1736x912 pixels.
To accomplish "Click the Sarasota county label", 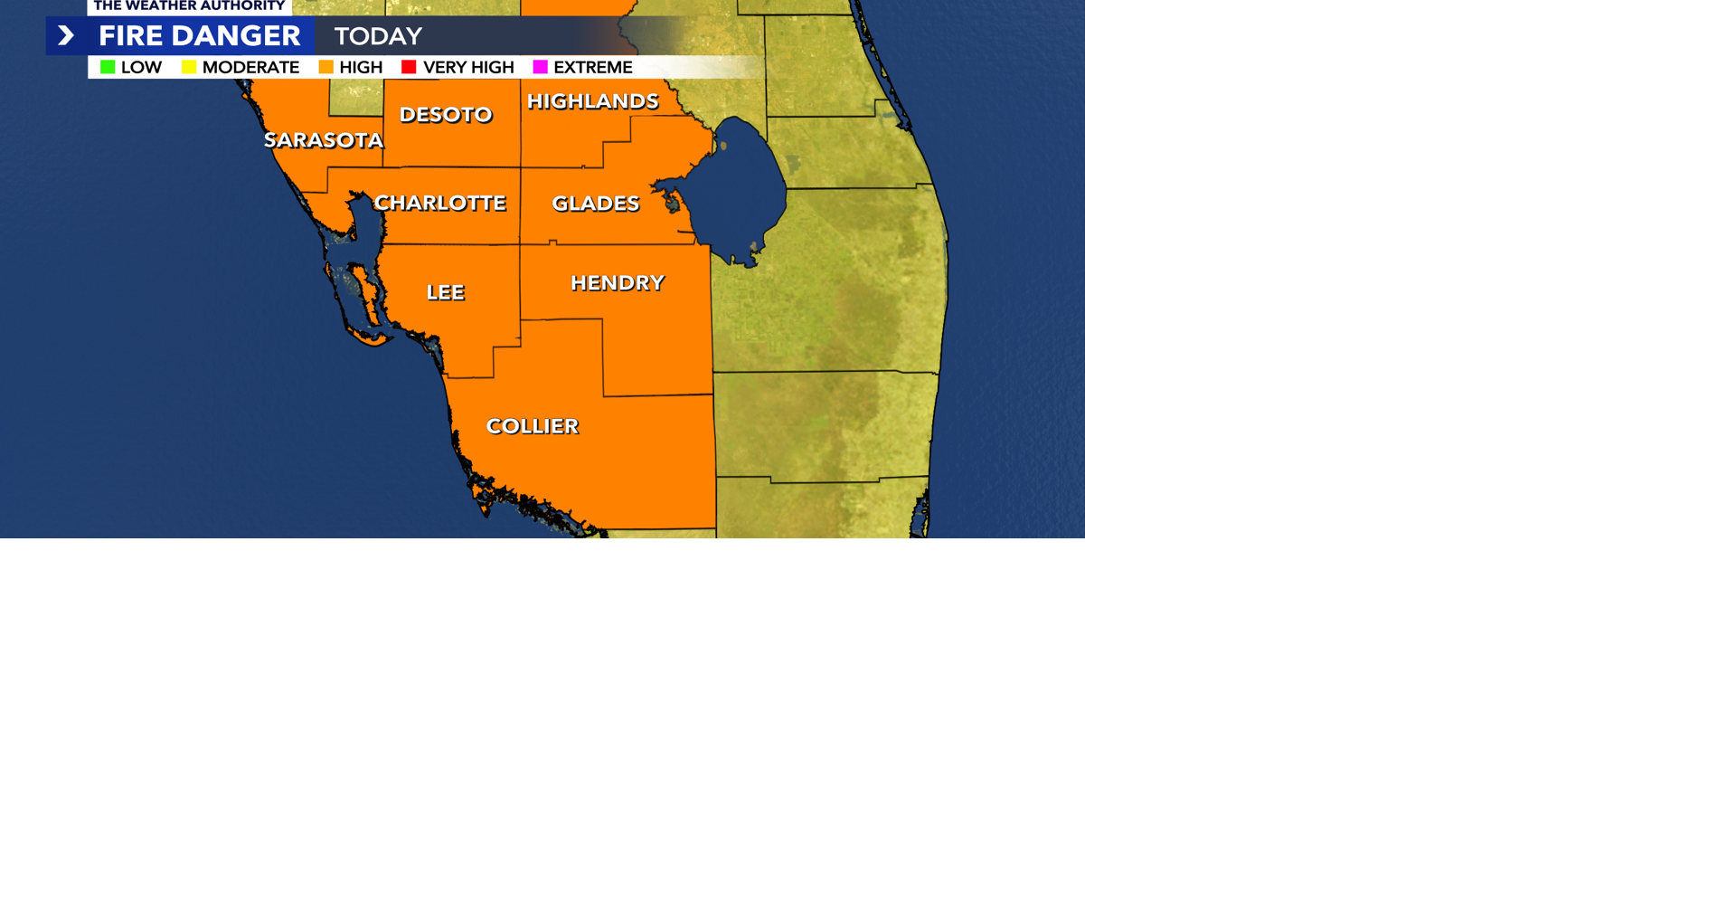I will (x=323, y=140).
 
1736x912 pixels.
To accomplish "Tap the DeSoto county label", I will (x=446, y=115).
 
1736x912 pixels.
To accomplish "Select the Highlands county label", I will (x=592, y=101).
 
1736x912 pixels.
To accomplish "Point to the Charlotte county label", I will (x=439, y=203).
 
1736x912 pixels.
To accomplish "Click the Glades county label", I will (x=595, y=204).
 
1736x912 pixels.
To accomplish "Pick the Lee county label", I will (x=445, y=292).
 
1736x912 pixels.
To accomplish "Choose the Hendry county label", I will (x=617, y=283).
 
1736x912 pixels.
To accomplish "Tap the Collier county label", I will (x=532, y=426).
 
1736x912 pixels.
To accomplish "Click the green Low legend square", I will (x=108, y=67).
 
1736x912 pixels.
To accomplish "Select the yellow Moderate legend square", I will (x=189, y=67).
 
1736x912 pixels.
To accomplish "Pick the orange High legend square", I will (x=325, y=67).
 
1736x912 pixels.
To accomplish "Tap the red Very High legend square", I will (x=409, y=67).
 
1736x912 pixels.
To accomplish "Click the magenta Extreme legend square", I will (x=540, y=67).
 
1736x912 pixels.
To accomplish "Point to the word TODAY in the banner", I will (x=378, y=36).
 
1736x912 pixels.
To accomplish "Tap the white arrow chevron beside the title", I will (x=66, y=36).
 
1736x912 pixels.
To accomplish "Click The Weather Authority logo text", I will (x=189, y=6).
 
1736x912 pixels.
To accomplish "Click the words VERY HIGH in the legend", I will (x=468, y=67).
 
